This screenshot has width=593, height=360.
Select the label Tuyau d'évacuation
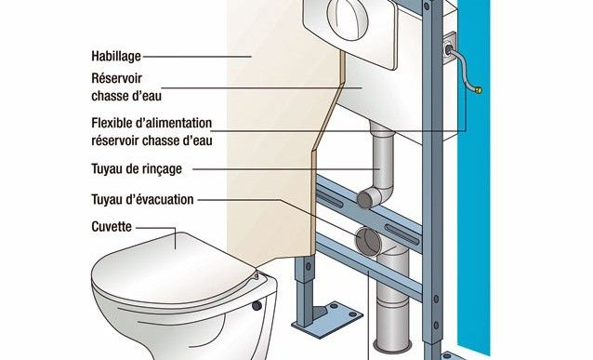[141, 198]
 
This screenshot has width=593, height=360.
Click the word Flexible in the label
[114, 123]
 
